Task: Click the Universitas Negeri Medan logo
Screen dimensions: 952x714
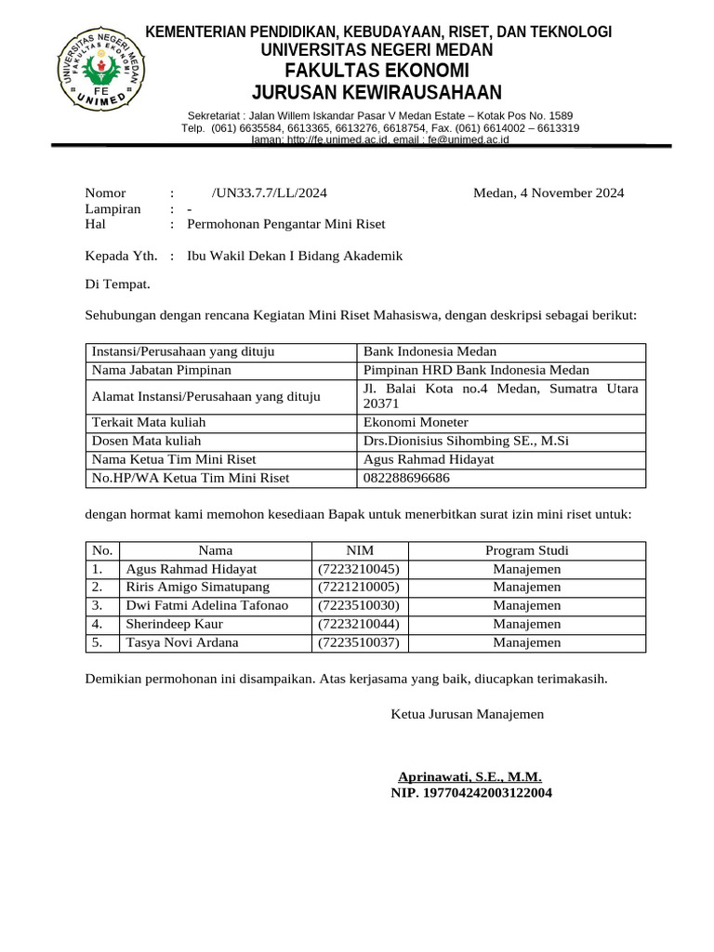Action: (x=99, y=71)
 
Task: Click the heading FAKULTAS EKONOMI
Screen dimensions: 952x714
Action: (x=377, y=72)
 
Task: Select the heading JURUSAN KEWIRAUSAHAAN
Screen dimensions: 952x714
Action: (x=377, y=92)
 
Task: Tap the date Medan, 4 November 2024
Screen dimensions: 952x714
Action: (x=549, y=193)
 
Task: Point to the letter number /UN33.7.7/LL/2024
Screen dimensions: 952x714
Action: (x=270, y=193)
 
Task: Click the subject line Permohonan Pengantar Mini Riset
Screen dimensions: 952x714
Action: (x=285, y=224)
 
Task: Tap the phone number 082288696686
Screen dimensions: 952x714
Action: (x=406, y=478)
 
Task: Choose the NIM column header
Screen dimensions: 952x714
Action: (x=360, y=550)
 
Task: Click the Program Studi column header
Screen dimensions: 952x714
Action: (x=527, y=550)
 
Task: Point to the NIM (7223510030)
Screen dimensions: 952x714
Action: (x=359, y=605)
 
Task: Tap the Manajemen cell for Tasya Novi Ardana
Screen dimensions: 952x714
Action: (x=527, y=642)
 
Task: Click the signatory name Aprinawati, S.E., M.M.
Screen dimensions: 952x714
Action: (x=469, y=777)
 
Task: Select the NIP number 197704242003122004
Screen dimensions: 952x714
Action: (x=471, y=793)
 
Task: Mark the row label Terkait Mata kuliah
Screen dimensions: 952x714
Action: (x=148, y=422)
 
